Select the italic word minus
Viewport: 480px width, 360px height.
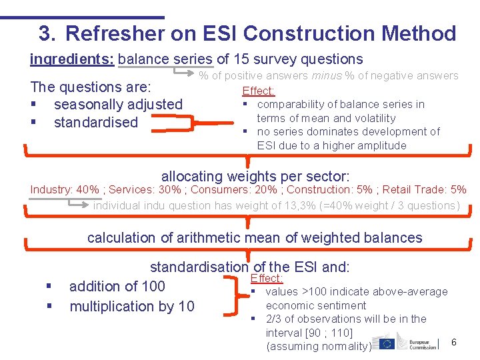326,76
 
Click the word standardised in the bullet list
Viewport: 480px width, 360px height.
95,123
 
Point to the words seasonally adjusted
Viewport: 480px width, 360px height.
118,105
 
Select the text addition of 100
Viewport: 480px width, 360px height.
117,287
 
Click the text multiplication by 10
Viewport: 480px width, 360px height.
132,307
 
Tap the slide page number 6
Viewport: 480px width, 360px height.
454,342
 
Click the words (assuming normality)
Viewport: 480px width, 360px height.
318,346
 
